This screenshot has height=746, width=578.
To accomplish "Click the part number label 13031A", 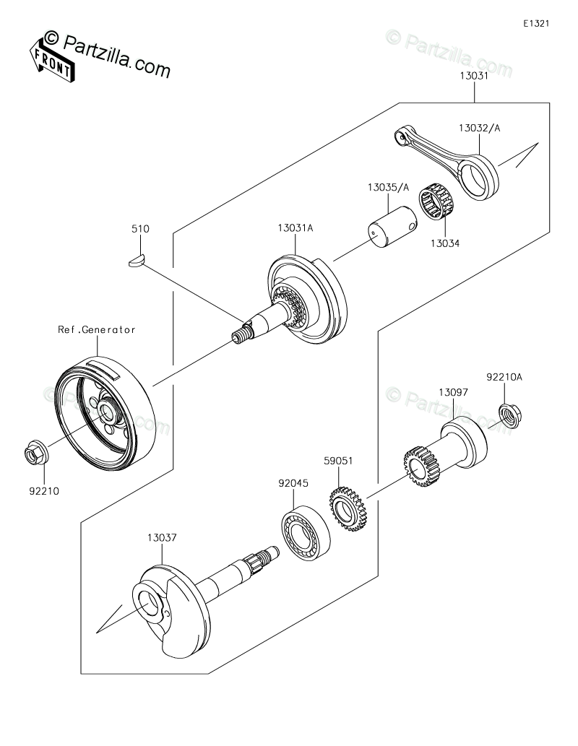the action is coord(296,228).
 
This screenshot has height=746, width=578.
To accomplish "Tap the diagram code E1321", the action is coord(536,23).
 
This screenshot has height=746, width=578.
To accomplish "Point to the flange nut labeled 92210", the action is coord(35,453).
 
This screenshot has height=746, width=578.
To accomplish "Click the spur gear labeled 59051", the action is coord(347,508).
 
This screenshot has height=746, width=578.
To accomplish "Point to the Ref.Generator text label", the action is coord(97,329).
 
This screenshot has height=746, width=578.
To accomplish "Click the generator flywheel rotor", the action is coord(105,411).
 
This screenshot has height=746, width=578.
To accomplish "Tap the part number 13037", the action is coord(162,537).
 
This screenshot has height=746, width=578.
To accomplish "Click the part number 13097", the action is coord(453,393).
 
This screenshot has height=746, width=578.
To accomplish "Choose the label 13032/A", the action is coord(480,128).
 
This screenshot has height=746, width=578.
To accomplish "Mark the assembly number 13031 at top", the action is coord(474,76).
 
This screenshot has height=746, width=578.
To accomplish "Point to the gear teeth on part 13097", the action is coord(421,467).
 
